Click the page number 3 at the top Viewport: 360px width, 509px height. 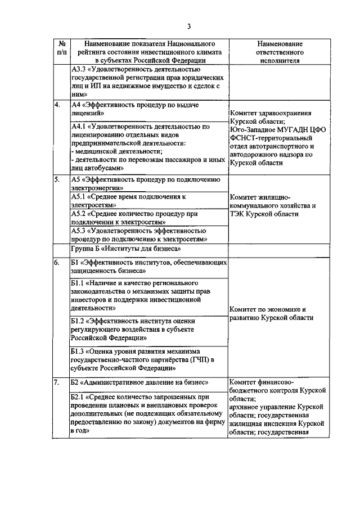click(x=190, y=26)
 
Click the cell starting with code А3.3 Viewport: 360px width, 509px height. click(x=148, y=82)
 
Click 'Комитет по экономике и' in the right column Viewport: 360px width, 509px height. click(x=268, y=309)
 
